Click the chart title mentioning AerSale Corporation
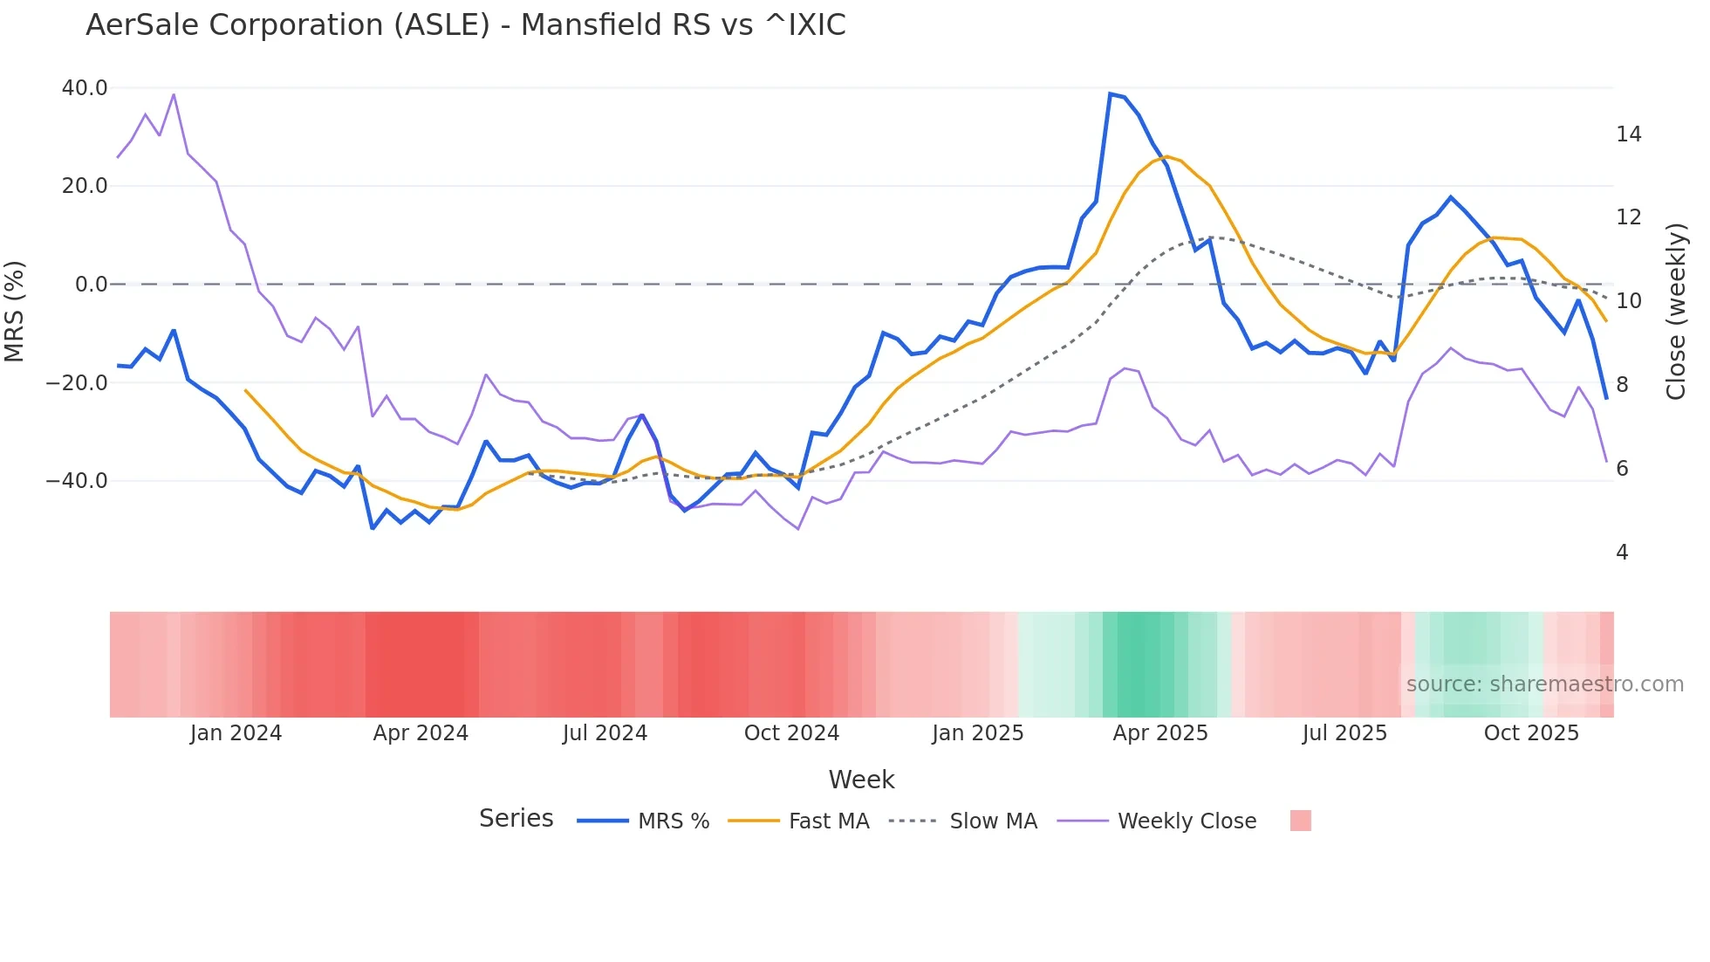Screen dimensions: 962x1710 (x=465, y=25)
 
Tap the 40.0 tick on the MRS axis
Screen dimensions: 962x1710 (x=85, y=88)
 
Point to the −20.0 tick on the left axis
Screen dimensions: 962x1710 (x=77, y=382)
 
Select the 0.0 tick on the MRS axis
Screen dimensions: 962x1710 (x=92, y=285)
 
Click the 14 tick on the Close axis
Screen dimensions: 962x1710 (x=1628, y=134)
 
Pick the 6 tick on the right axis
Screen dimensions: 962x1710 (x=1622, y=469)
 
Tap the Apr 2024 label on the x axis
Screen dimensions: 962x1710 (x=421, y=733)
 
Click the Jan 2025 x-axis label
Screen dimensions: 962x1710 (x=977, y=733)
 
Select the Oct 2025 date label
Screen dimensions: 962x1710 (x=1531, y=733)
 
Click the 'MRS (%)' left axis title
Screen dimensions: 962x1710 (x=15, y=311)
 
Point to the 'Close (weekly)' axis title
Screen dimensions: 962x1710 (x=1676, y=312)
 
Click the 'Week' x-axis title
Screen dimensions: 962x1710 (x=861, y=780)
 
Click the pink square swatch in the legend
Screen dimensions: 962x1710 (x=1300, y=821)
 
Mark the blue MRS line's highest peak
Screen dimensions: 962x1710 (x=1110, y=93)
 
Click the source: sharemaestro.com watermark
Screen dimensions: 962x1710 (x=1544, y=684)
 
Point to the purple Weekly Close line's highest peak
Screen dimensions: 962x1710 (x=174, y=94)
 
